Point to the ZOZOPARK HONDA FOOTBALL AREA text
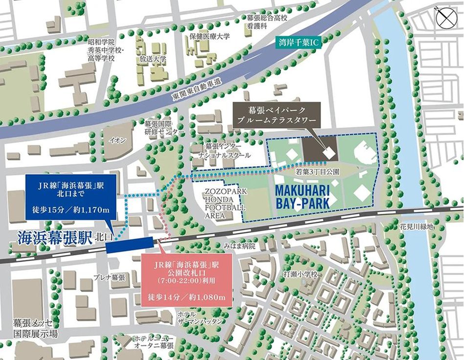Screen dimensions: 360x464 point(225,203)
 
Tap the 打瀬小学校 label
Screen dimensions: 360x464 point(301,275)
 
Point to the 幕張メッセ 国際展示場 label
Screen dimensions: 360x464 point(35,329)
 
